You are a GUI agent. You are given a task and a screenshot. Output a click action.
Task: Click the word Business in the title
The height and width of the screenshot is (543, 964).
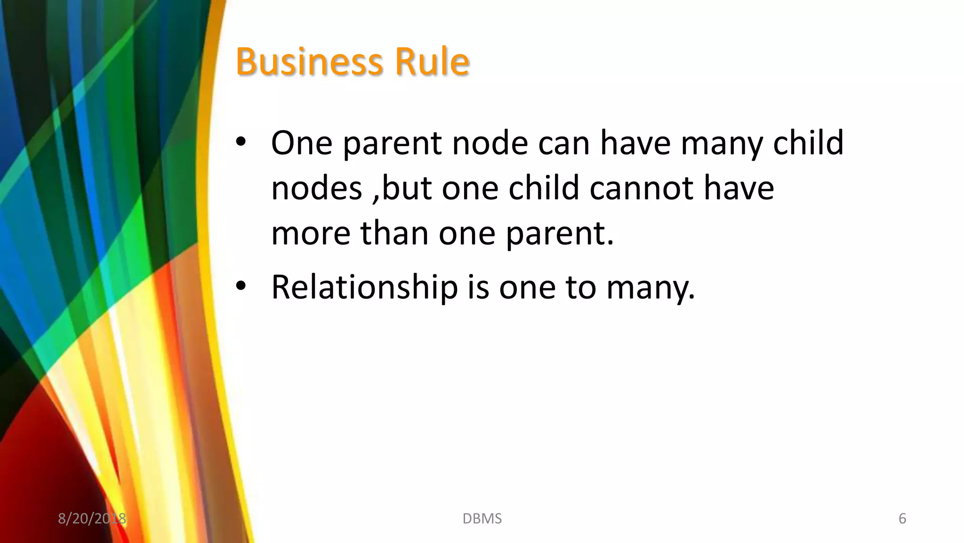pos(308,62)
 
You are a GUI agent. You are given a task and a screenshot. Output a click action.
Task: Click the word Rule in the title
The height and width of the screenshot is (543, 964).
pos(432,62)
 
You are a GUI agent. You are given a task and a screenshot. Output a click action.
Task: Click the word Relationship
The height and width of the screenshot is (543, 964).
pos(365,287)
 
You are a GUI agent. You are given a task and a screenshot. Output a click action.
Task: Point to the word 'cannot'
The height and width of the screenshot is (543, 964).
pos(642,188)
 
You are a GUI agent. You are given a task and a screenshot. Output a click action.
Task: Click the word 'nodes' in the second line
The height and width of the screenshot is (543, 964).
pos(317,188)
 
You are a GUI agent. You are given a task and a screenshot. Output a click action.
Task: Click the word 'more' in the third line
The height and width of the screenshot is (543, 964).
pos(311,234)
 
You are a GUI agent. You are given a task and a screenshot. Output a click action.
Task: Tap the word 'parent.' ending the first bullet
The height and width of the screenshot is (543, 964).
pos(560,234)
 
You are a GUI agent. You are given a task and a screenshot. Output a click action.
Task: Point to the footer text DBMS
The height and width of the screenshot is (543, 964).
pos(482,519)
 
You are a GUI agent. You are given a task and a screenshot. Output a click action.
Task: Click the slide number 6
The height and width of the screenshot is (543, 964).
pos(902,519)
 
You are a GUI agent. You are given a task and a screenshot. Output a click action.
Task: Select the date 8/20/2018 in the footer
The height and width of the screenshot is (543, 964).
pos(92,519)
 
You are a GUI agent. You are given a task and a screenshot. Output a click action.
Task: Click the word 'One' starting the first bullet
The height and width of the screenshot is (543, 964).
pos(302,143)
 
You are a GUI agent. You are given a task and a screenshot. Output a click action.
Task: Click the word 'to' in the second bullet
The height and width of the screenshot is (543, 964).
pos(580,287)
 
